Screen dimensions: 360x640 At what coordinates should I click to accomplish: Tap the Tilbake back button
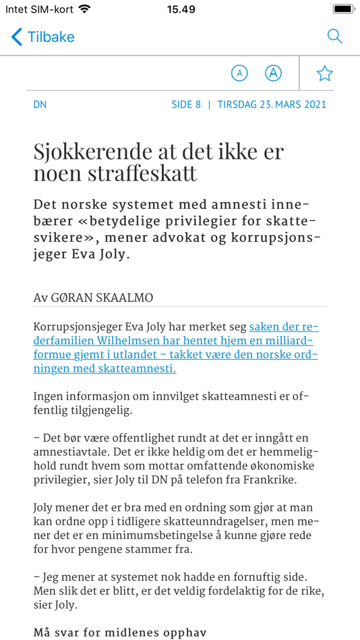coord(43,36)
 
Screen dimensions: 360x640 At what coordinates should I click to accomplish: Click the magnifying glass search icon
coord(334,36)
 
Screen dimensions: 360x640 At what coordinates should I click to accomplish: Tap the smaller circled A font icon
coord(239,73)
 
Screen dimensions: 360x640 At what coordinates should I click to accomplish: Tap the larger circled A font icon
coord(273,73)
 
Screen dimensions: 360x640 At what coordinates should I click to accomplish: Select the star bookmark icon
coord(325,73)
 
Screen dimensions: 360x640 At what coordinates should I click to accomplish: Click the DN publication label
coord(40,104)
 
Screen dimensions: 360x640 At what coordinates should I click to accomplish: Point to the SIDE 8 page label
coord(186,104)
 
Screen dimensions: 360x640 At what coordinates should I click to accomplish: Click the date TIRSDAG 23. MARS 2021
coord(272,104)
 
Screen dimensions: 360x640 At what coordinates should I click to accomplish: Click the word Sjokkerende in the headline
coord(88,151)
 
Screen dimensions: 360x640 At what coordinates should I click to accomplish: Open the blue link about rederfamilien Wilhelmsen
coord(175,348)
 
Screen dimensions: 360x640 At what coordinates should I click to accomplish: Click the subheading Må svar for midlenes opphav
coord(120,633)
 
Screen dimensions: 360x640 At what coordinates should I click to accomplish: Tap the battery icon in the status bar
coord(343,9)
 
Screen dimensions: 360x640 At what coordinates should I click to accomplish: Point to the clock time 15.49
coord(181,9)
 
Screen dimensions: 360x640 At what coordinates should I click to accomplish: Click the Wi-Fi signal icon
coord(84,9)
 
